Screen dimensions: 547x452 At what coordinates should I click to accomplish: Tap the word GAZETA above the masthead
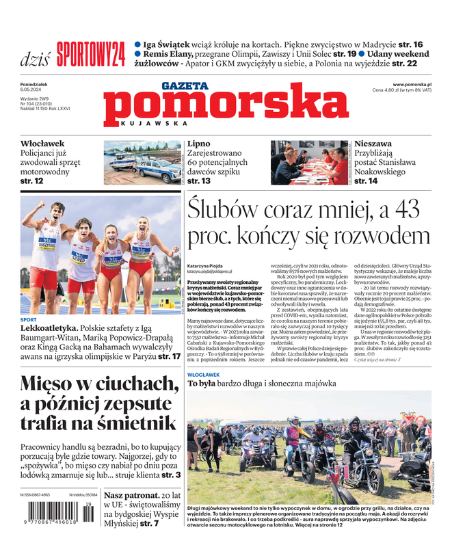tap(185, 85)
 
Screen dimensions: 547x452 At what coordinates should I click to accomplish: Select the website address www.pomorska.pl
tap(417, 84)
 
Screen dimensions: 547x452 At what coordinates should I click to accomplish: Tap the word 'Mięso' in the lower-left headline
tap(55, 385)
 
